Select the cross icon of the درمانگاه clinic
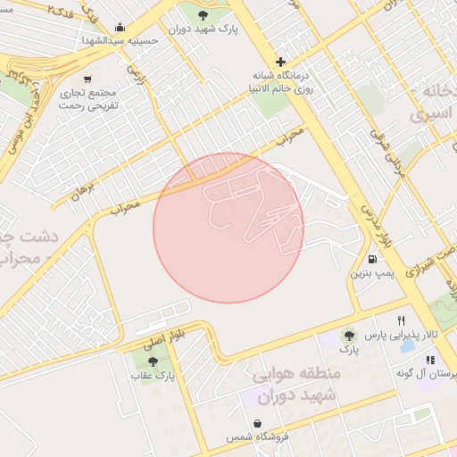point(281,62)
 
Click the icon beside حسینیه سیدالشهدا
point(121,27)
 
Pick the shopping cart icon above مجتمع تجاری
point(87,79)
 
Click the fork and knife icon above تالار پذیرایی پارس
point(402,321)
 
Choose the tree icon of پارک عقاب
point(153,361)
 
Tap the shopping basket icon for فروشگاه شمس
point(258,423)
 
